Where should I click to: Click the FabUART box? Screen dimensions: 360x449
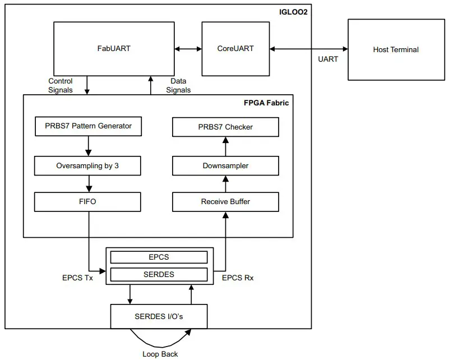point(114,48)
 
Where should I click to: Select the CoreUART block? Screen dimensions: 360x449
point(235,49)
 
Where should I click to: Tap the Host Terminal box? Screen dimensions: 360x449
point(396,49)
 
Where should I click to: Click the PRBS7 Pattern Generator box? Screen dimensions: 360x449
point(88,126)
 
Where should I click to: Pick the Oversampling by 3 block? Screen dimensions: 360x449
point(87,166)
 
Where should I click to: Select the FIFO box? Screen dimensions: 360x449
point(87,201)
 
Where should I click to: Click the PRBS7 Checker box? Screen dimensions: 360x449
point(225,127)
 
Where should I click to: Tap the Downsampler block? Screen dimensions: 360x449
point(225,166)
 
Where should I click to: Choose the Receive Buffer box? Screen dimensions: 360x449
point(225,201)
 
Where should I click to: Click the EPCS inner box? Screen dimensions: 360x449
point(159,257)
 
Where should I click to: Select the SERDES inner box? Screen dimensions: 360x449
point(159,274)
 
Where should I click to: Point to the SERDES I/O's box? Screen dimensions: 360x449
point(159,316)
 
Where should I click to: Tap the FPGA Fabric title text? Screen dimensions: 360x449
point(266,103)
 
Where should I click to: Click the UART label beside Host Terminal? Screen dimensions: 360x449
point(328,59)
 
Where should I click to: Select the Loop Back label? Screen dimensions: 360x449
point(161,354)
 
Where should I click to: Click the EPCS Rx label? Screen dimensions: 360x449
point(238,278)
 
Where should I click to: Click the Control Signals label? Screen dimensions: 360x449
point(60,85)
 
